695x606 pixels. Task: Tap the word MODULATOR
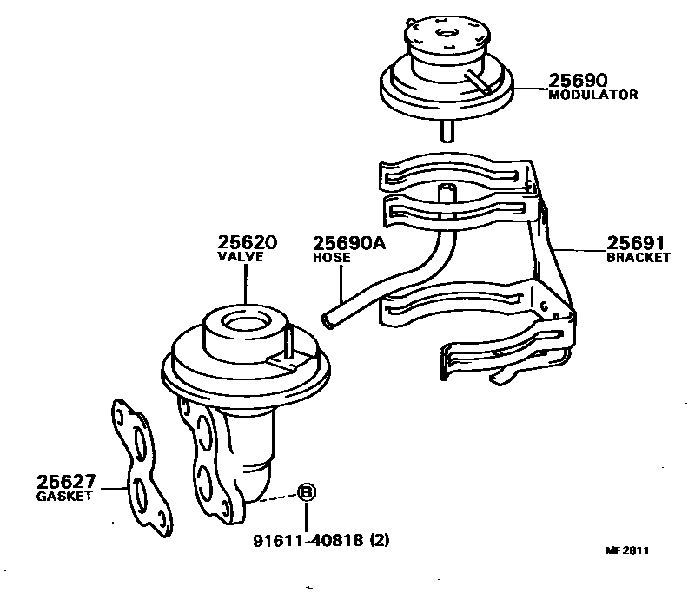(593, 95)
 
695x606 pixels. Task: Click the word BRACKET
(639, 258)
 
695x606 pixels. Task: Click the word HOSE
(331, 258)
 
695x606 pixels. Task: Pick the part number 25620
(247, 243)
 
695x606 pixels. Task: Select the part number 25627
(66, 483)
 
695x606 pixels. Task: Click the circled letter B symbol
(307, 494)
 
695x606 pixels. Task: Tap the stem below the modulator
(448, 131)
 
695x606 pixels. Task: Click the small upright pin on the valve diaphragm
(285, 341)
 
